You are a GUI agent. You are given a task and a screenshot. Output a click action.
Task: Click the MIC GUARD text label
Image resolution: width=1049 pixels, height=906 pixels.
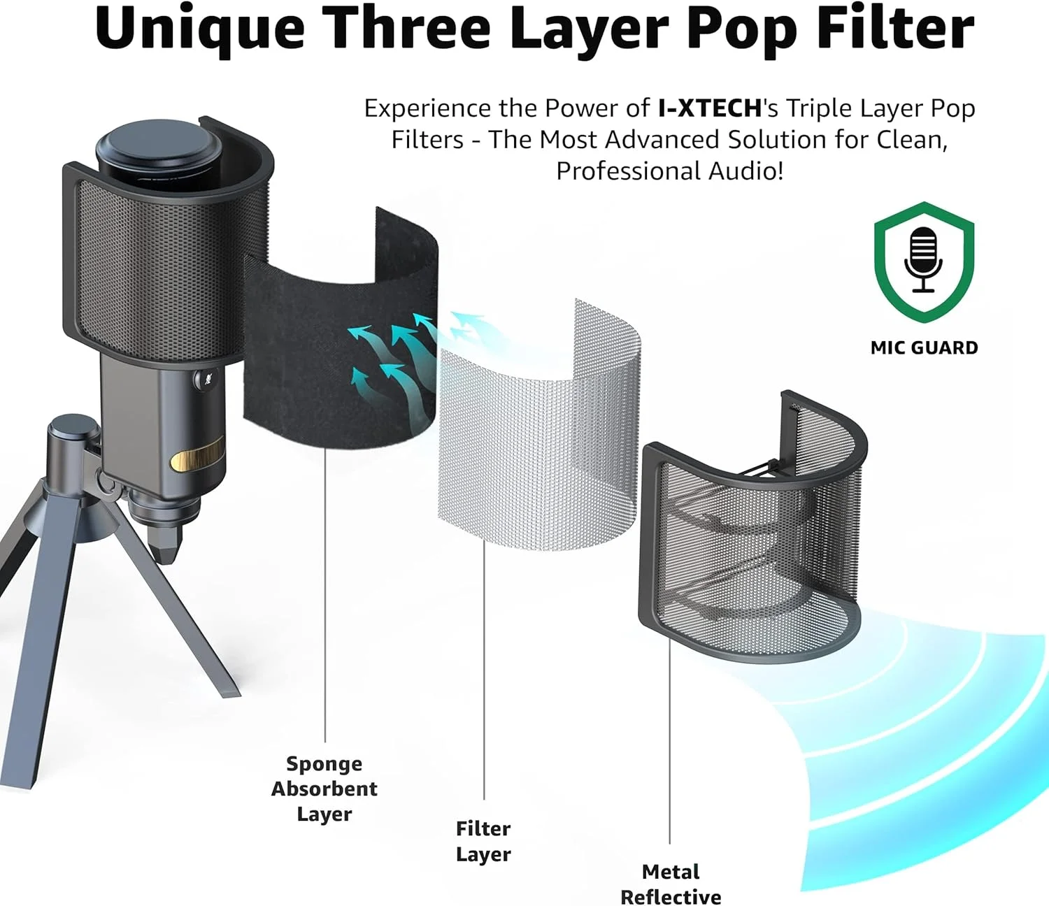tap(924, 348)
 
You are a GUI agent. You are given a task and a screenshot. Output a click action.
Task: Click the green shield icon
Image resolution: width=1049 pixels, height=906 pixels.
tap(924, 261)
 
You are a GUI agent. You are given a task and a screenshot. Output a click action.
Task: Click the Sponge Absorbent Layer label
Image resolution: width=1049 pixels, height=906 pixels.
tap(324, 789)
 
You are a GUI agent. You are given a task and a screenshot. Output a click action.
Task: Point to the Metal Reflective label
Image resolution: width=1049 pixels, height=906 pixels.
tap(671, 884)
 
